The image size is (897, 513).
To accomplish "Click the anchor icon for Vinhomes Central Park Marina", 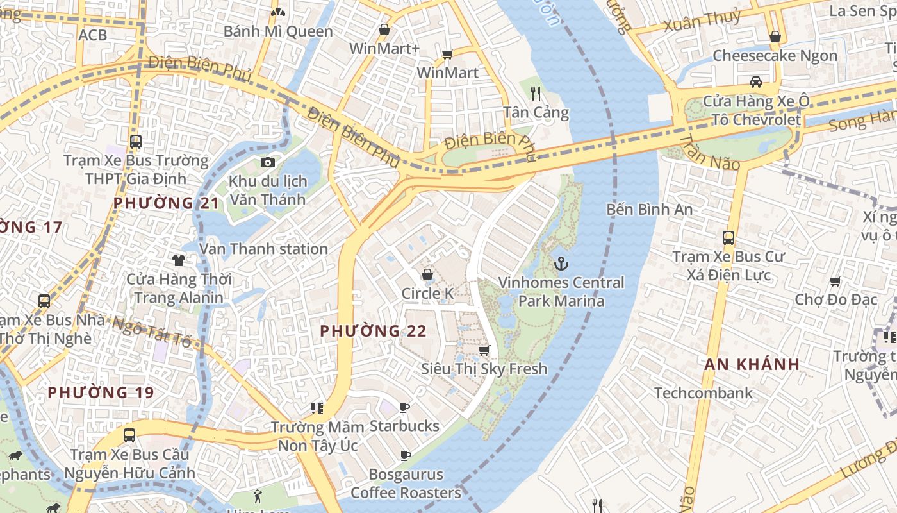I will pos(561,264).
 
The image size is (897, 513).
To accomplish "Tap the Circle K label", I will pos(427,294).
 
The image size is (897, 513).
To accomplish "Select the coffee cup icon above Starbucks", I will pos(404,407).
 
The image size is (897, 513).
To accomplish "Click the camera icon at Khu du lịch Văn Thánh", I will pos(268,163).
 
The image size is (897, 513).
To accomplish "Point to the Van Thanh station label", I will pos(263,249).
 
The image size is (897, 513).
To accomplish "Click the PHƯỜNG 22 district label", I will pos(373,331).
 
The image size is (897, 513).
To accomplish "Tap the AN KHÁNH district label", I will pos(752,364).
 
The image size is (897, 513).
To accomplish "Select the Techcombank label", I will pos(704,393).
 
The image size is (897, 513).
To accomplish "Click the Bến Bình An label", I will pos(649,209).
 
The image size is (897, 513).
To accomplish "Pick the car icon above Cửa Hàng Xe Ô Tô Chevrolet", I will pos(756,82).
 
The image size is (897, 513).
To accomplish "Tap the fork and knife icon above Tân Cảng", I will pos(536,94).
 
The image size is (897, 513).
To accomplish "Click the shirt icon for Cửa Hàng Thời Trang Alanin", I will pos(179,260).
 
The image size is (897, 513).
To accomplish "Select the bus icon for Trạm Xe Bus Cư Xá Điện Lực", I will pos(728,238).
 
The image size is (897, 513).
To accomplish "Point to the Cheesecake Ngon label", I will pos(775,56).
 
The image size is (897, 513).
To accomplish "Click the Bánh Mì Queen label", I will pos(278,31).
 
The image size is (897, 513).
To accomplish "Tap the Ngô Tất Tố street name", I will pos(152,330).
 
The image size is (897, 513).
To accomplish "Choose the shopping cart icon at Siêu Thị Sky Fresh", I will pos(484,350).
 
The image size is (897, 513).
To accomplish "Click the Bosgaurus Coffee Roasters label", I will pos(406,484).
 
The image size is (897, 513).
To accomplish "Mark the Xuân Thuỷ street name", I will pos(702,21).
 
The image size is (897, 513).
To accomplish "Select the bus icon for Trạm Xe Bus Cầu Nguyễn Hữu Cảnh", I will pos(129,435).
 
